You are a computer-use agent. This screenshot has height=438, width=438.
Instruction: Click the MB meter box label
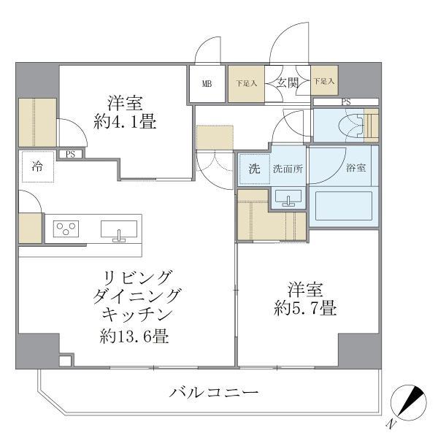point(207,84)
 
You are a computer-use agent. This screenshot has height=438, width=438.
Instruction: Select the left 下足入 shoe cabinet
point(246,83)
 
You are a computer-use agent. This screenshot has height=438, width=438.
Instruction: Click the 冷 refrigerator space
point(36,166)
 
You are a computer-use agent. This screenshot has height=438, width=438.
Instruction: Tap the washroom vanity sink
point(288,197)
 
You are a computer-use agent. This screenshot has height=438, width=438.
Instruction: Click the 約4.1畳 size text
point(124,123)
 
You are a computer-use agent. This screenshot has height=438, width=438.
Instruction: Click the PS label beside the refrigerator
point(70,154)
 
